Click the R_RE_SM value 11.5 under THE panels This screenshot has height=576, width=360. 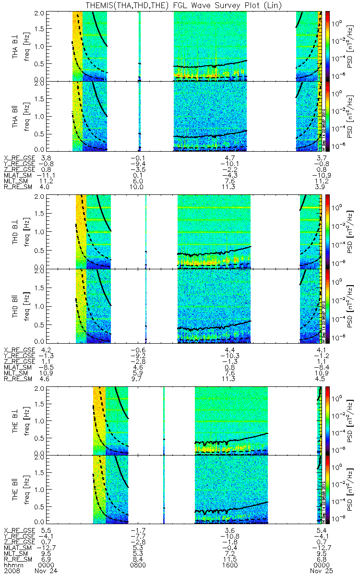[x=230, y=559]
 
